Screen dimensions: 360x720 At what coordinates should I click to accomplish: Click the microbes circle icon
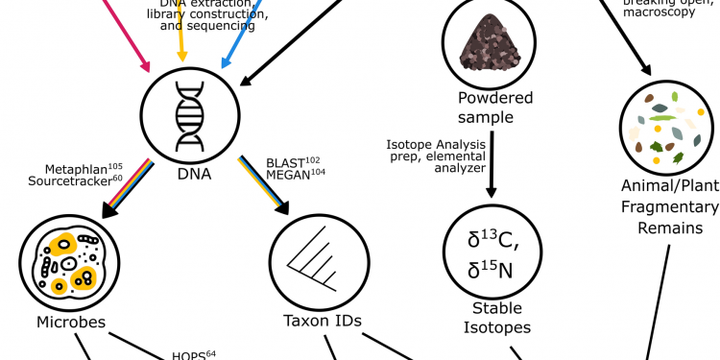click(x=63, y=262)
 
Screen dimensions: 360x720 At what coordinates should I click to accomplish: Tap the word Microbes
click(x=63, y=321)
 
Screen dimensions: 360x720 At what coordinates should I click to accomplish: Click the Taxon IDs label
click(x=309, y=321)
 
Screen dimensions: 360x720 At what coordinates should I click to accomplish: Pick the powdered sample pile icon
click(x=488, y=43)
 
